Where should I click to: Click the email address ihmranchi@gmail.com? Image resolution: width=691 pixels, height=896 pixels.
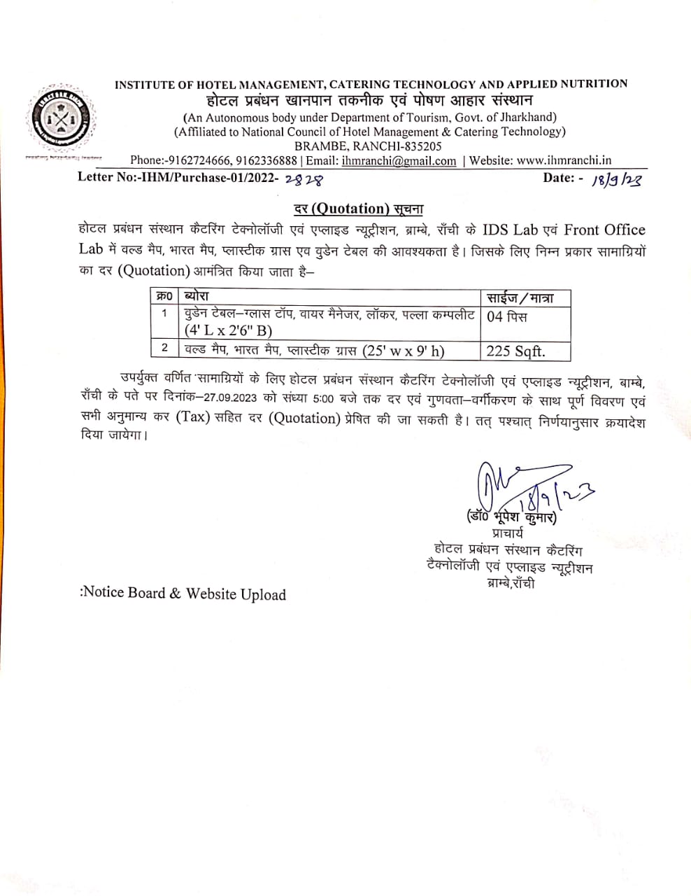[399, 161]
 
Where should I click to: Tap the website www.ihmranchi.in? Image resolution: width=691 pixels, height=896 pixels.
[564, 161]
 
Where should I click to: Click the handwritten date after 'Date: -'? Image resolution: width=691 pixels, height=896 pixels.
[616, 179]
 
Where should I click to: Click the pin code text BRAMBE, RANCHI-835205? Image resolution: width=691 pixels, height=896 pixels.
[368, 146]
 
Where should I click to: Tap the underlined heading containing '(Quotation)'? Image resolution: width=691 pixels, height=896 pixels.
[357, 209]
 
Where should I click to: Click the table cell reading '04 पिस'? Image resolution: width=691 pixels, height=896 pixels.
[507, 316]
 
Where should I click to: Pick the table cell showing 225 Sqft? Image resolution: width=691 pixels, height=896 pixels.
[515, 351]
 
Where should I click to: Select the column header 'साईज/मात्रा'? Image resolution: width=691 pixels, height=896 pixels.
[520, 297]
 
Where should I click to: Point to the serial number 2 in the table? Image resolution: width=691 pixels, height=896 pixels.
[164, 348]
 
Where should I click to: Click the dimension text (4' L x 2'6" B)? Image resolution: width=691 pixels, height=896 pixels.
[229, 330]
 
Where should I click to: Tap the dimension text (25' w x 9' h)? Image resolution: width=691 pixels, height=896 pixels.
[404, 351]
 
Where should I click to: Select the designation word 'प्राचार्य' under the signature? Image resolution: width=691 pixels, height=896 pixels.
[508, 534]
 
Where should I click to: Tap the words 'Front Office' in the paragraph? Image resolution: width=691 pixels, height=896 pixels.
[604, 230]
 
